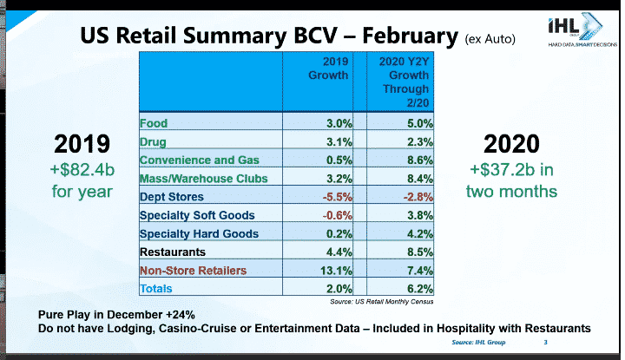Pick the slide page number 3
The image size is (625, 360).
click(x=546, y=344)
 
